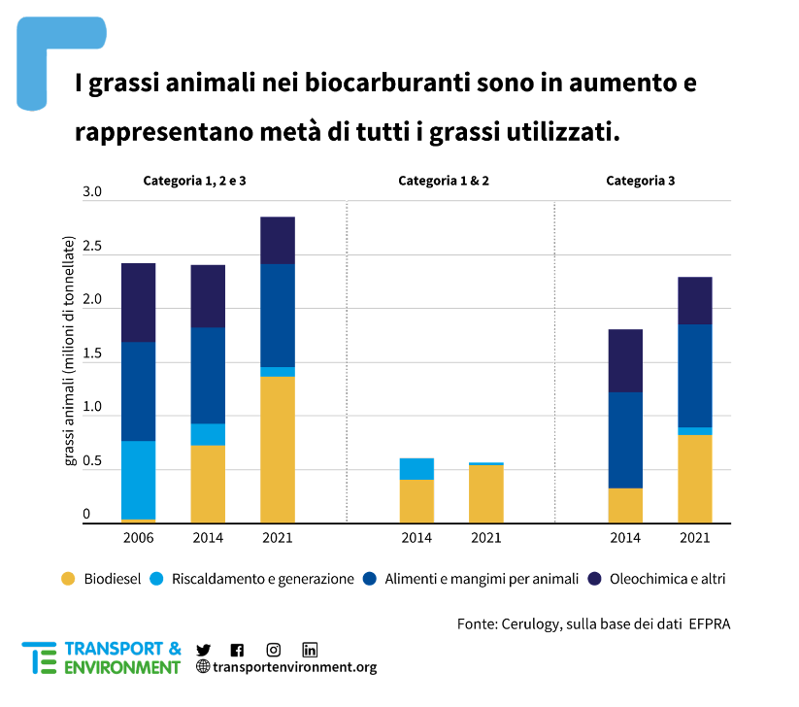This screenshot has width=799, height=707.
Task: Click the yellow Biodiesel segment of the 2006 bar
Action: pyautogui.click(x=138, y=522)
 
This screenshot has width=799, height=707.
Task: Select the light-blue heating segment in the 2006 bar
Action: pyautogui.click(x=138, y=481)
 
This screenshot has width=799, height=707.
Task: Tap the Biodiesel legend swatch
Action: pyautogui.click(x=67, y=579)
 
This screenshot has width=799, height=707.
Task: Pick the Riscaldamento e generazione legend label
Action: pyautogui.click(x=262, y=579)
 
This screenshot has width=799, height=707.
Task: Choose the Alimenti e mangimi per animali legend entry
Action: pyautogui.click(x=482, y=579)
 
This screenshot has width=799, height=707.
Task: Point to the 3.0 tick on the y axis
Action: pyautogui.click(x=92, y=192)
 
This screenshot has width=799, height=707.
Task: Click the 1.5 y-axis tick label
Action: pyautogui.click(x=92, y=353)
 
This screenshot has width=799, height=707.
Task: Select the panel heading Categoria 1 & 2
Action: pyautogui.click(x=449, y=181)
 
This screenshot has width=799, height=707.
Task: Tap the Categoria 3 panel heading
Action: pyautogui.click(x=641, y=181)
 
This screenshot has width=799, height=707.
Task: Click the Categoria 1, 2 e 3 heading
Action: pyautogui.click(x=201, y=181)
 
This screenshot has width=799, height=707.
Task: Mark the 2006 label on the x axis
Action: pyautogui.click(x=138, y=538)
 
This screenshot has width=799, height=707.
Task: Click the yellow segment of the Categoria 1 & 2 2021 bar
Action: pyautogui.click(x=485, y=495)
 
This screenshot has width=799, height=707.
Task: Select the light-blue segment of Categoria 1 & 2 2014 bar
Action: pyautogui.click(x=416, y=469)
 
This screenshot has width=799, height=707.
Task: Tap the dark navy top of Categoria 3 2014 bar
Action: pyautogui.click(x=625, y=360)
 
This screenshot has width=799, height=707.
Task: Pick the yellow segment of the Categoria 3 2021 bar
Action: pyautogui.click(x=694, y=479)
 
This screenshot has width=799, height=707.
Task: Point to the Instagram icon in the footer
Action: pyautogui.click(x=274, y=650)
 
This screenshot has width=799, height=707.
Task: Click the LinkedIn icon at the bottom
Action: pyautogui.click(x=310, y=650)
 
